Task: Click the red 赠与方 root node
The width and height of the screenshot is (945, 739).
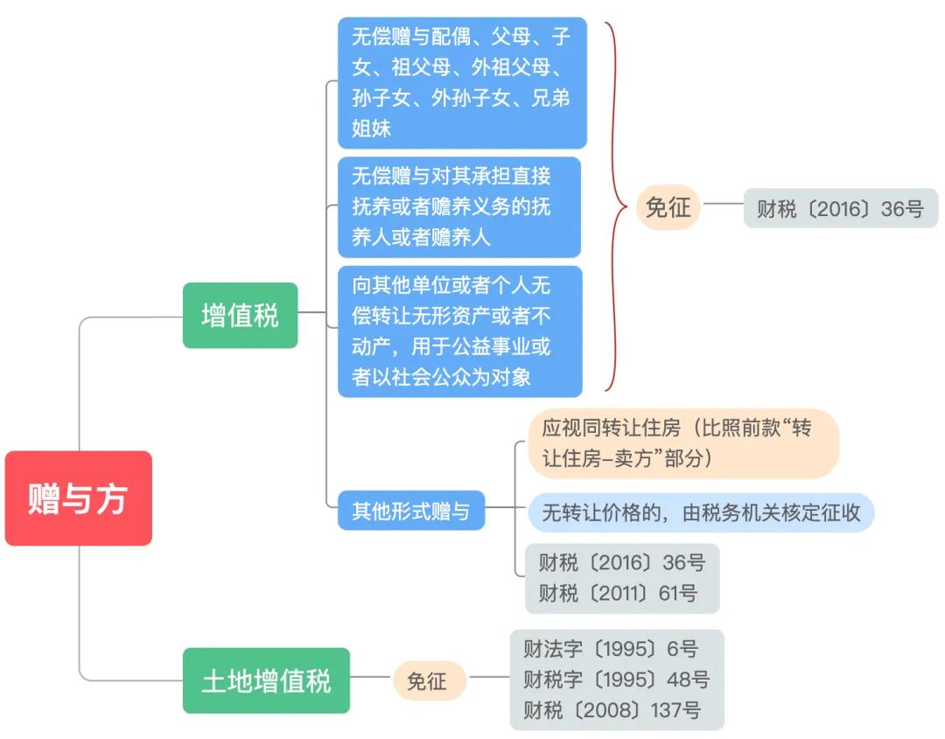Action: click(x=79, y=498)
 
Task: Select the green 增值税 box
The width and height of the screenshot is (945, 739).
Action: click(x=240, y=315)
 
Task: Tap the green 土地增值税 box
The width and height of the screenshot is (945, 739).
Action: click(x=266, y=680)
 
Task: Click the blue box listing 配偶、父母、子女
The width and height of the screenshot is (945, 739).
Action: click(x=462, y=82)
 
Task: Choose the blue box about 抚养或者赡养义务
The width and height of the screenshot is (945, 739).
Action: click(x=458, y=206)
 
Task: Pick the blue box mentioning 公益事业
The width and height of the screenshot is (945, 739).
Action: click(x=460, y=331)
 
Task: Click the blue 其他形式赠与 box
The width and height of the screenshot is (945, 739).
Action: click(x=411, y=511)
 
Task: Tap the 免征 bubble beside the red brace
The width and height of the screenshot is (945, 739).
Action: click(x=668, y=207)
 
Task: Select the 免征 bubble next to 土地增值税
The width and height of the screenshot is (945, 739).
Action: click(x=427, y=680)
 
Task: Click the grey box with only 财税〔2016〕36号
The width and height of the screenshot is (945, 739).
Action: click(x=840, y=208)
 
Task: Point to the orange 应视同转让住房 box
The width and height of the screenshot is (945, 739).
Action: click(x=683, y=443)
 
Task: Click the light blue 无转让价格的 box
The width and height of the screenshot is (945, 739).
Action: click(x=701, y=512)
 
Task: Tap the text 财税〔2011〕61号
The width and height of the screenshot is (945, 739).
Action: click(x=618, y=593)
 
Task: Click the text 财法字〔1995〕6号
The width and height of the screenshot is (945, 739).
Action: click(x=611, y=649)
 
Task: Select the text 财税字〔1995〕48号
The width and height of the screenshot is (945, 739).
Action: click(x=617, y=680)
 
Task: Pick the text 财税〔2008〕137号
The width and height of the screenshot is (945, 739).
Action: click(x=612, y=710)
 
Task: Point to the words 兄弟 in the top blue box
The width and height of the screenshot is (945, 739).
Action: click(x=549, y=98)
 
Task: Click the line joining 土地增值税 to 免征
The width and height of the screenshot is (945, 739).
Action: click(x=371, y=677)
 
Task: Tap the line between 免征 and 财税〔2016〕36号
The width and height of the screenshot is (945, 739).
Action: click(x=724, y=204)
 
